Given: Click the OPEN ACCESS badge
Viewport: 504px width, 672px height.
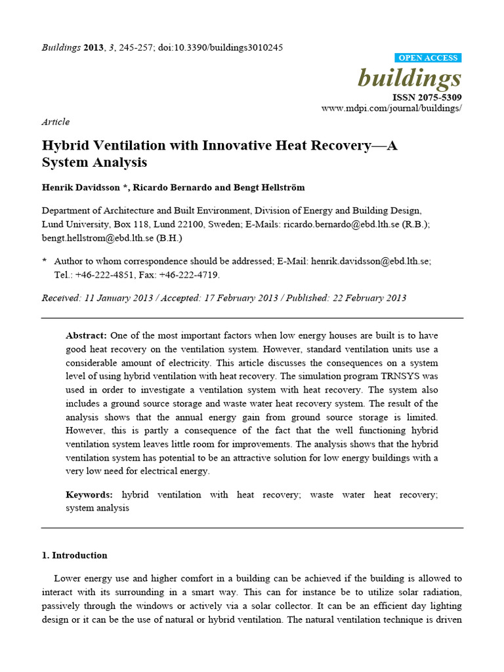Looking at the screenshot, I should tap(427, 58).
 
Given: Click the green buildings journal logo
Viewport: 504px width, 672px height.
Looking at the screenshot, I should tap(409, 78).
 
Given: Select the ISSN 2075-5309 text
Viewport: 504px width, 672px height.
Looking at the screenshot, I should tap(427, 97).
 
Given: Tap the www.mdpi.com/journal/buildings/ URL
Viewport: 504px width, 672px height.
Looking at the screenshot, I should tap(392, 108).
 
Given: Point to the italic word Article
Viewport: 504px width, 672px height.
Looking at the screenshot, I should tap(55, 121).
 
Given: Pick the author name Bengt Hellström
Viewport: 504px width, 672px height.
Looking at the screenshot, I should tap(269, 188).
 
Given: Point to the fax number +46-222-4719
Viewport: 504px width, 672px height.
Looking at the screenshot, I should tap(190, 274).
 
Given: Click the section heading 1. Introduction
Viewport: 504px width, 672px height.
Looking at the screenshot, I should tap(74, 555).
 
